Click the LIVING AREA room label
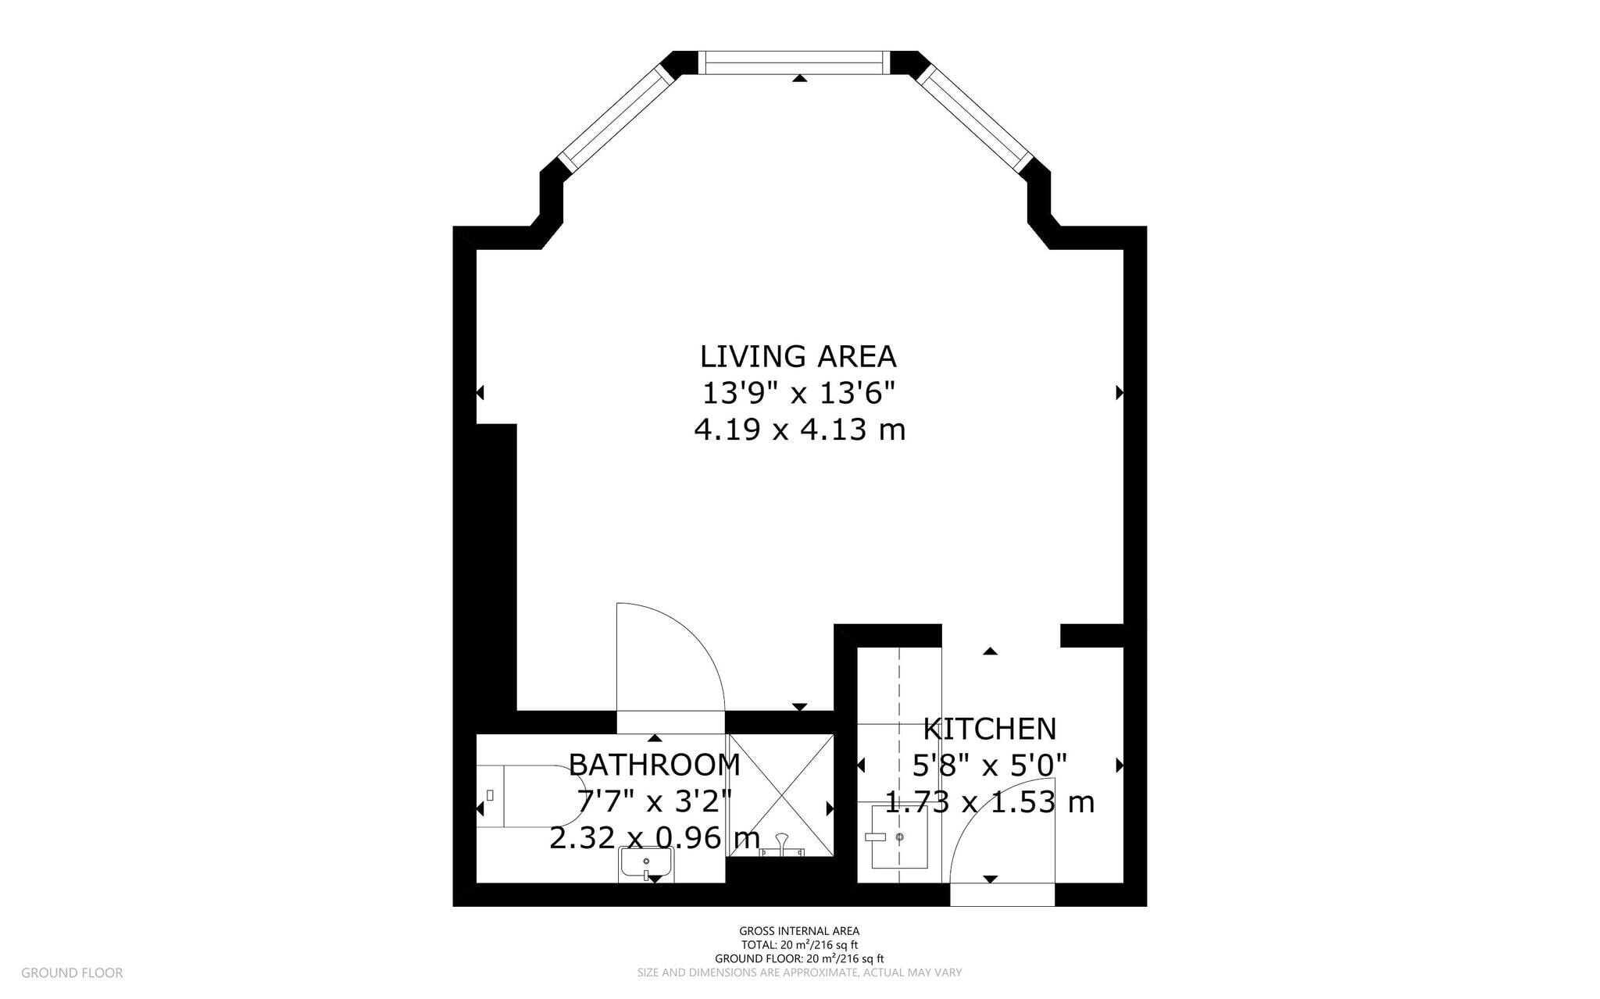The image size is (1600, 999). pyautogui.click(x=798, y=356)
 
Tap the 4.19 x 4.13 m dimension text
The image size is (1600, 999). pyautogui.click(x=799, y=430)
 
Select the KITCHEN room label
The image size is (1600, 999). pyautogui.click(x=989, y=729)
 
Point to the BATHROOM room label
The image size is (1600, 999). pyautogui.click(x=654, y=765)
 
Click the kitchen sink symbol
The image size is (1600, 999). pyautogui.click(x=899, y=838)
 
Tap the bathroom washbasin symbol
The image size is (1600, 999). pyautogui.click(x=645, y=864)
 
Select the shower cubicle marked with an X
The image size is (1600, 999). pyautogui.click(x=780, y=794)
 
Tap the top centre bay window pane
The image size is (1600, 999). pyautogui.click(x=793, y=62)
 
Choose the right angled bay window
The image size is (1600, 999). pyautogui.click(x=976, y=117)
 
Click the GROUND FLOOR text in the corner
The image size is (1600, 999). pyautogui.click(x=72, y=973)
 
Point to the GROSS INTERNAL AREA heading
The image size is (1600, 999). pyautogui.click(x=799, y=931)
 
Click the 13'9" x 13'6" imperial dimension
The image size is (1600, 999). pyautogui.click(x=798, y=393)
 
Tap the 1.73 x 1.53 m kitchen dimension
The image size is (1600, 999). pyautogui.click(x=989, y=802)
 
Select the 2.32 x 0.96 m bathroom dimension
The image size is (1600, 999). pyautogui.click(x=655, y=838)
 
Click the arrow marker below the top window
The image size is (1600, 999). pyautogui.click(x=799, y=78)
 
